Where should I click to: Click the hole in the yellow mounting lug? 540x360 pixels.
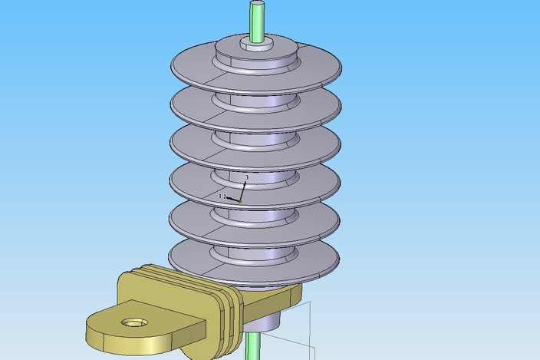[136, 323]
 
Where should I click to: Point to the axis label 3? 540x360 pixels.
[246, 177]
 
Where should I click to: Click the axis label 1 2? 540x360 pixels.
[222, 197]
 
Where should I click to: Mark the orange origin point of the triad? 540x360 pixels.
[240, 202]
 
